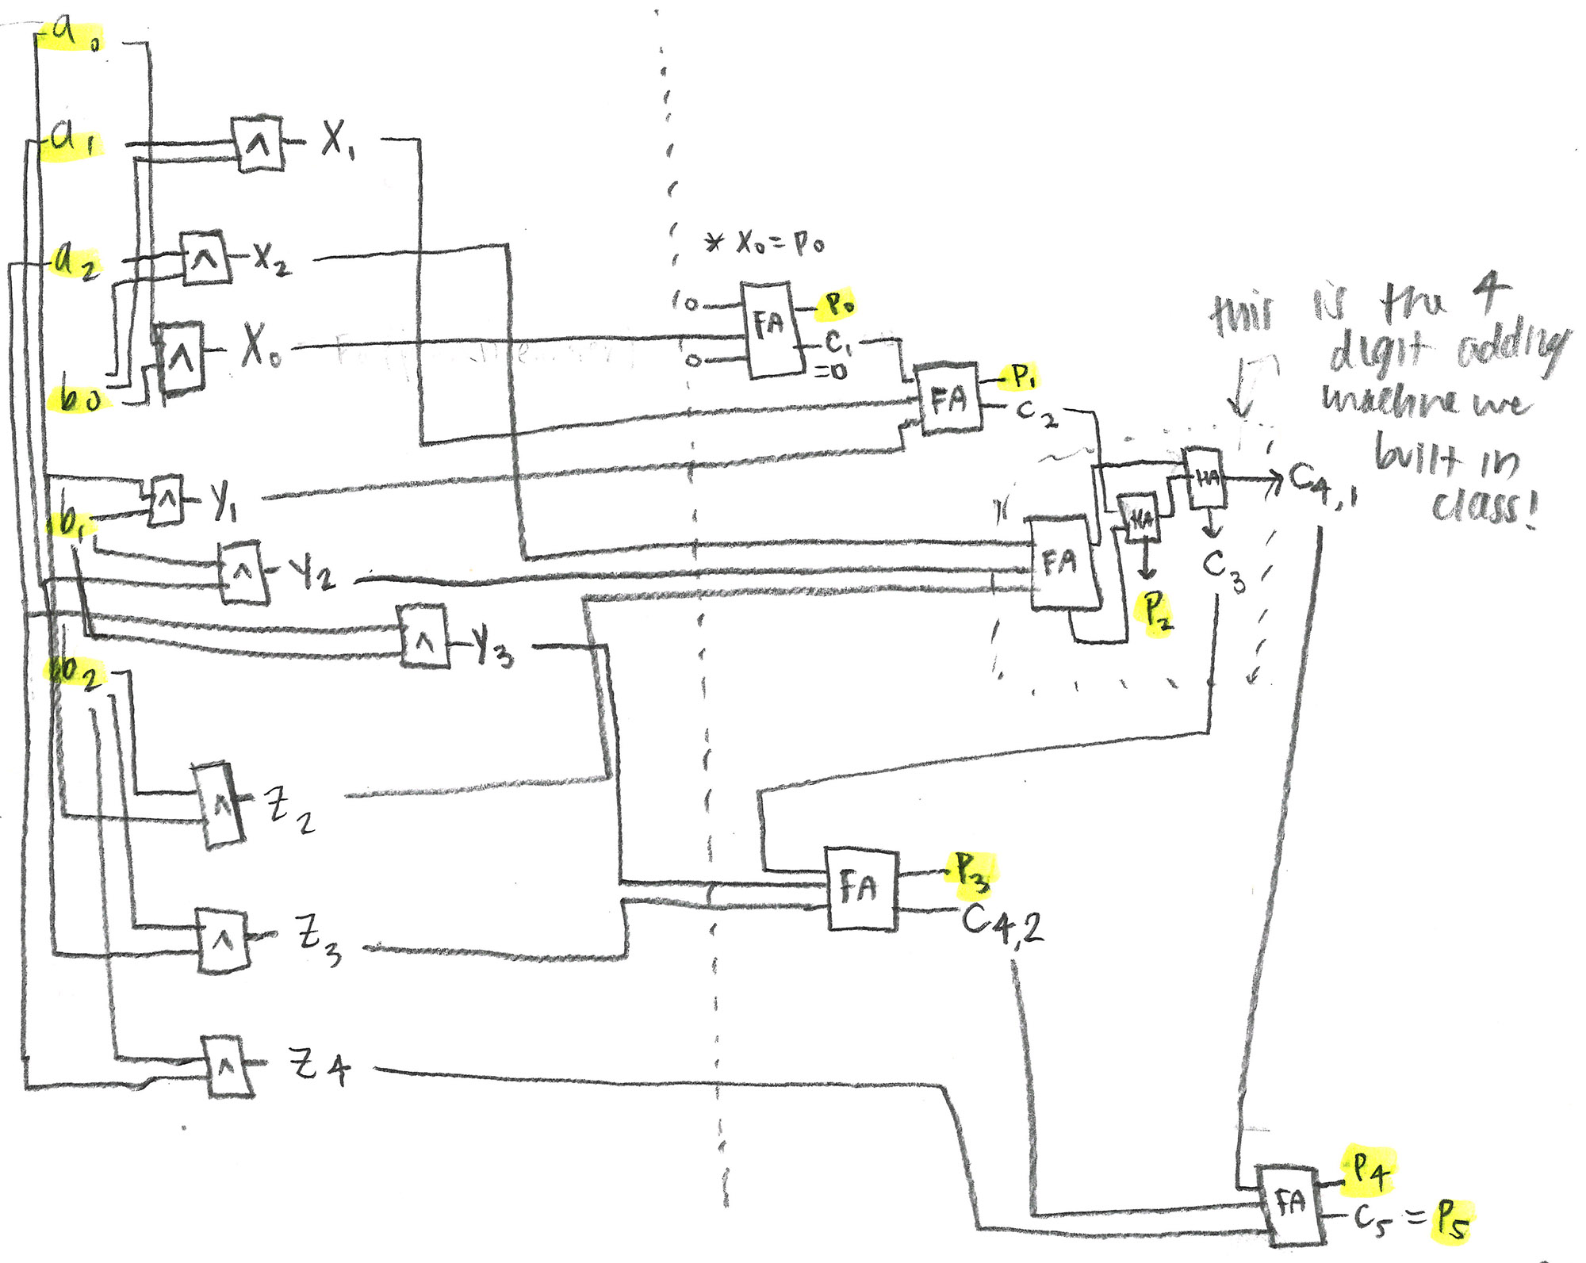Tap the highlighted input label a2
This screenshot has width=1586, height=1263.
75,262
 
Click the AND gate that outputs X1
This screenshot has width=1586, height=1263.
257,144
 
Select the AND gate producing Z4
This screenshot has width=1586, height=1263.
228,1066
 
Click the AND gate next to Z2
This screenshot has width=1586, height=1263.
220,805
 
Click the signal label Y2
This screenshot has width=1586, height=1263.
312,572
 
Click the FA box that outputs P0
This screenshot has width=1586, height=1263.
768,329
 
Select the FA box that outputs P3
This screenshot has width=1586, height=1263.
861,889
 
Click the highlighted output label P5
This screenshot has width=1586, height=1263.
1451,1220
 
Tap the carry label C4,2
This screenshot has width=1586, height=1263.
1002,924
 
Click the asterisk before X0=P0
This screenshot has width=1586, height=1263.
714,242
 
